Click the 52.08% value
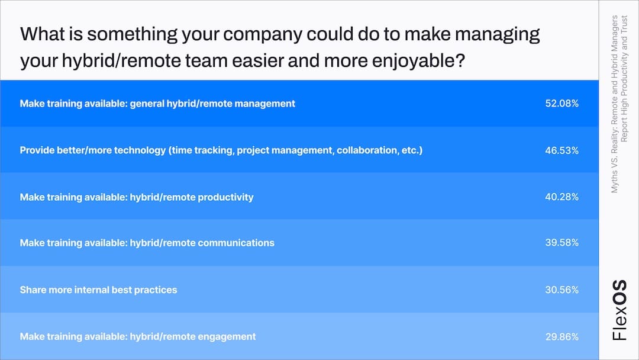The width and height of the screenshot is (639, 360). click(x=561, y=104)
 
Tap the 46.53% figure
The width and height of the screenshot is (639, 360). click(x=561, y=150)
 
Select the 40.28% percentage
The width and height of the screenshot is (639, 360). click(x=561, y=197)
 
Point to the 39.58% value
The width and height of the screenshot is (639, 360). click(x=561, y=243)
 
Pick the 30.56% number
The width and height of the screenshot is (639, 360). click(x=561, y=290)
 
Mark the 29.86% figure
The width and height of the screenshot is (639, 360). click(x=561, y=337)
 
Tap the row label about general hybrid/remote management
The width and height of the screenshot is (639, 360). click(x=157, y=104)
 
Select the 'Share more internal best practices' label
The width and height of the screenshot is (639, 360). click(x=98, y=290)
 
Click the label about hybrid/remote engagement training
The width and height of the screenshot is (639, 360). click(x=138, y=337)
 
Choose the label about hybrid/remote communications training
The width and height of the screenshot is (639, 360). click(x=147, y=243)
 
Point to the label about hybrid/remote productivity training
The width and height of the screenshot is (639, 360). click(x=137, y=197)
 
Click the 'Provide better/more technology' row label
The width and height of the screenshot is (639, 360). click(x=221, y=150)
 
